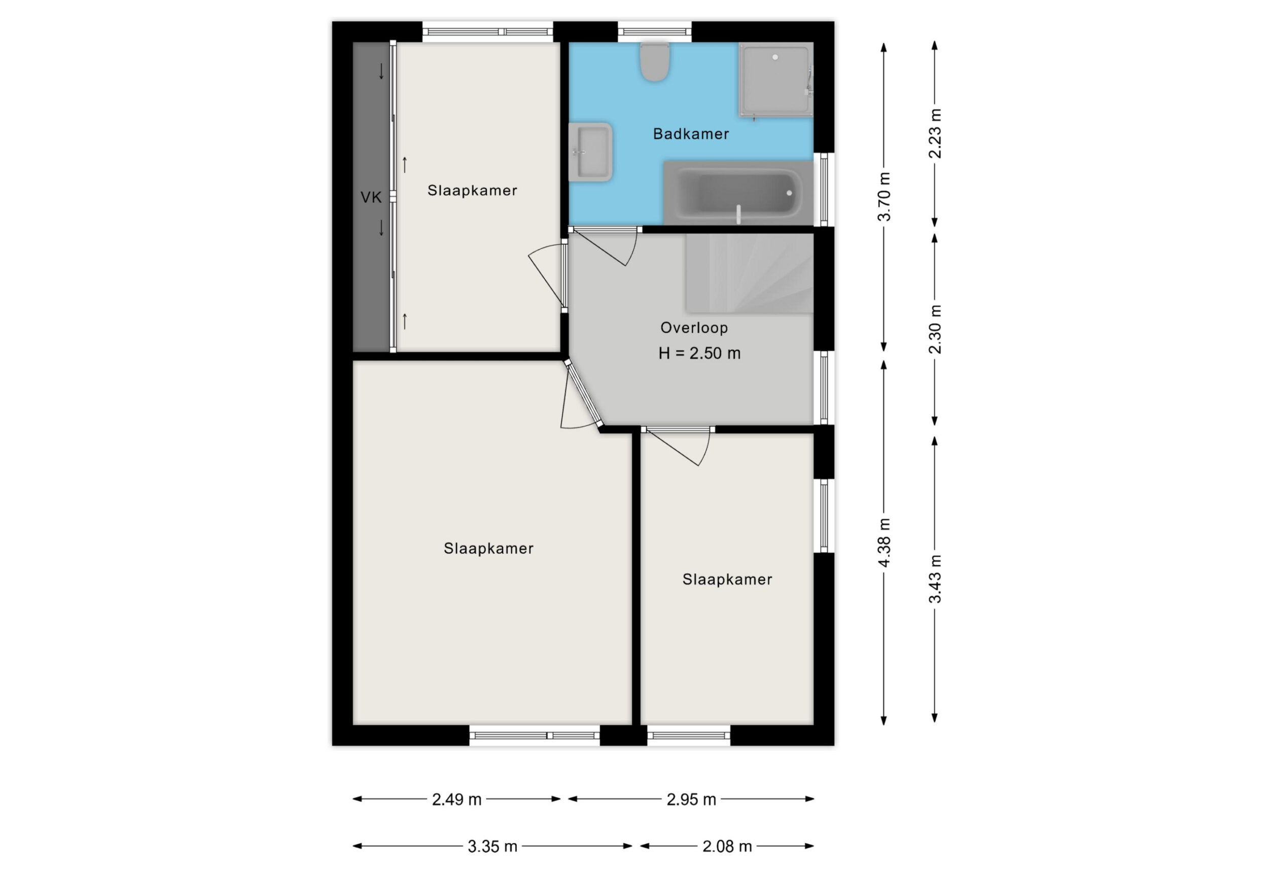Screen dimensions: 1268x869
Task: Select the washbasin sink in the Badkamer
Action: (590, 152)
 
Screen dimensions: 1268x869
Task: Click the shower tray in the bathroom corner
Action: (776, 80)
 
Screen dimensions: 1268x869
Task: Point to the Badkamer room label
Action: (691, 134)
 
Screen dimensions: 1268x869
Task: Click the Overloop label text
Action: (694, 328)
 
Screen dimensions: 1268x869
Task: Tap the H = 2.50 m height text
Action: (699, 353)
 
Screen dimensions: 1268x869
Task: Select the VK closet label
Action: (371, 197)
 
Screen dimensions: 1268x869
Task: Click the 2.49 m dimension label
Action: (456, 799)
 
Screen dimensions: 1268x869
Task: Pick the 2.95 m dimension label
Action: (691, 799)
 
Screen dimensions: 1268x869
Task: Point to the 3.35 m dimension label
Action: (492, 846)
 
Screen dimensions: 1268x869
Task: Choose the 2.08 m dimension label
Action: (727, 846)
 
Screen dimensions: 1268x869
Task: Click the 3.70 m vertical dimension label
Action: (884, 196)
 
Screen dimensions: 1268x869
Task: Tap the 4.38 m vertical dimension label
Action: (884, 542)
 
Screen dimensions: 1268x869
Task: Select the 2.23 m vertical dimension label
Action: (935, 134)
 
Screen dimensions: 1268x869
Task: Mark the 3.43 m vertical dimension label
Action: (935, 579)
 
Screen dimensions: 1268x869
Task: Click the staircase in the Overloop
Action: (750, 273)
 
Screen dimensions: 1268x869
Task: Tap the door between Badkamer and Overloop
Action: (604, 246)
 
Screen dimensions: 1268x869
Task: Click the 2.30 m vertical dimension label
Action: (935, 329)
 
